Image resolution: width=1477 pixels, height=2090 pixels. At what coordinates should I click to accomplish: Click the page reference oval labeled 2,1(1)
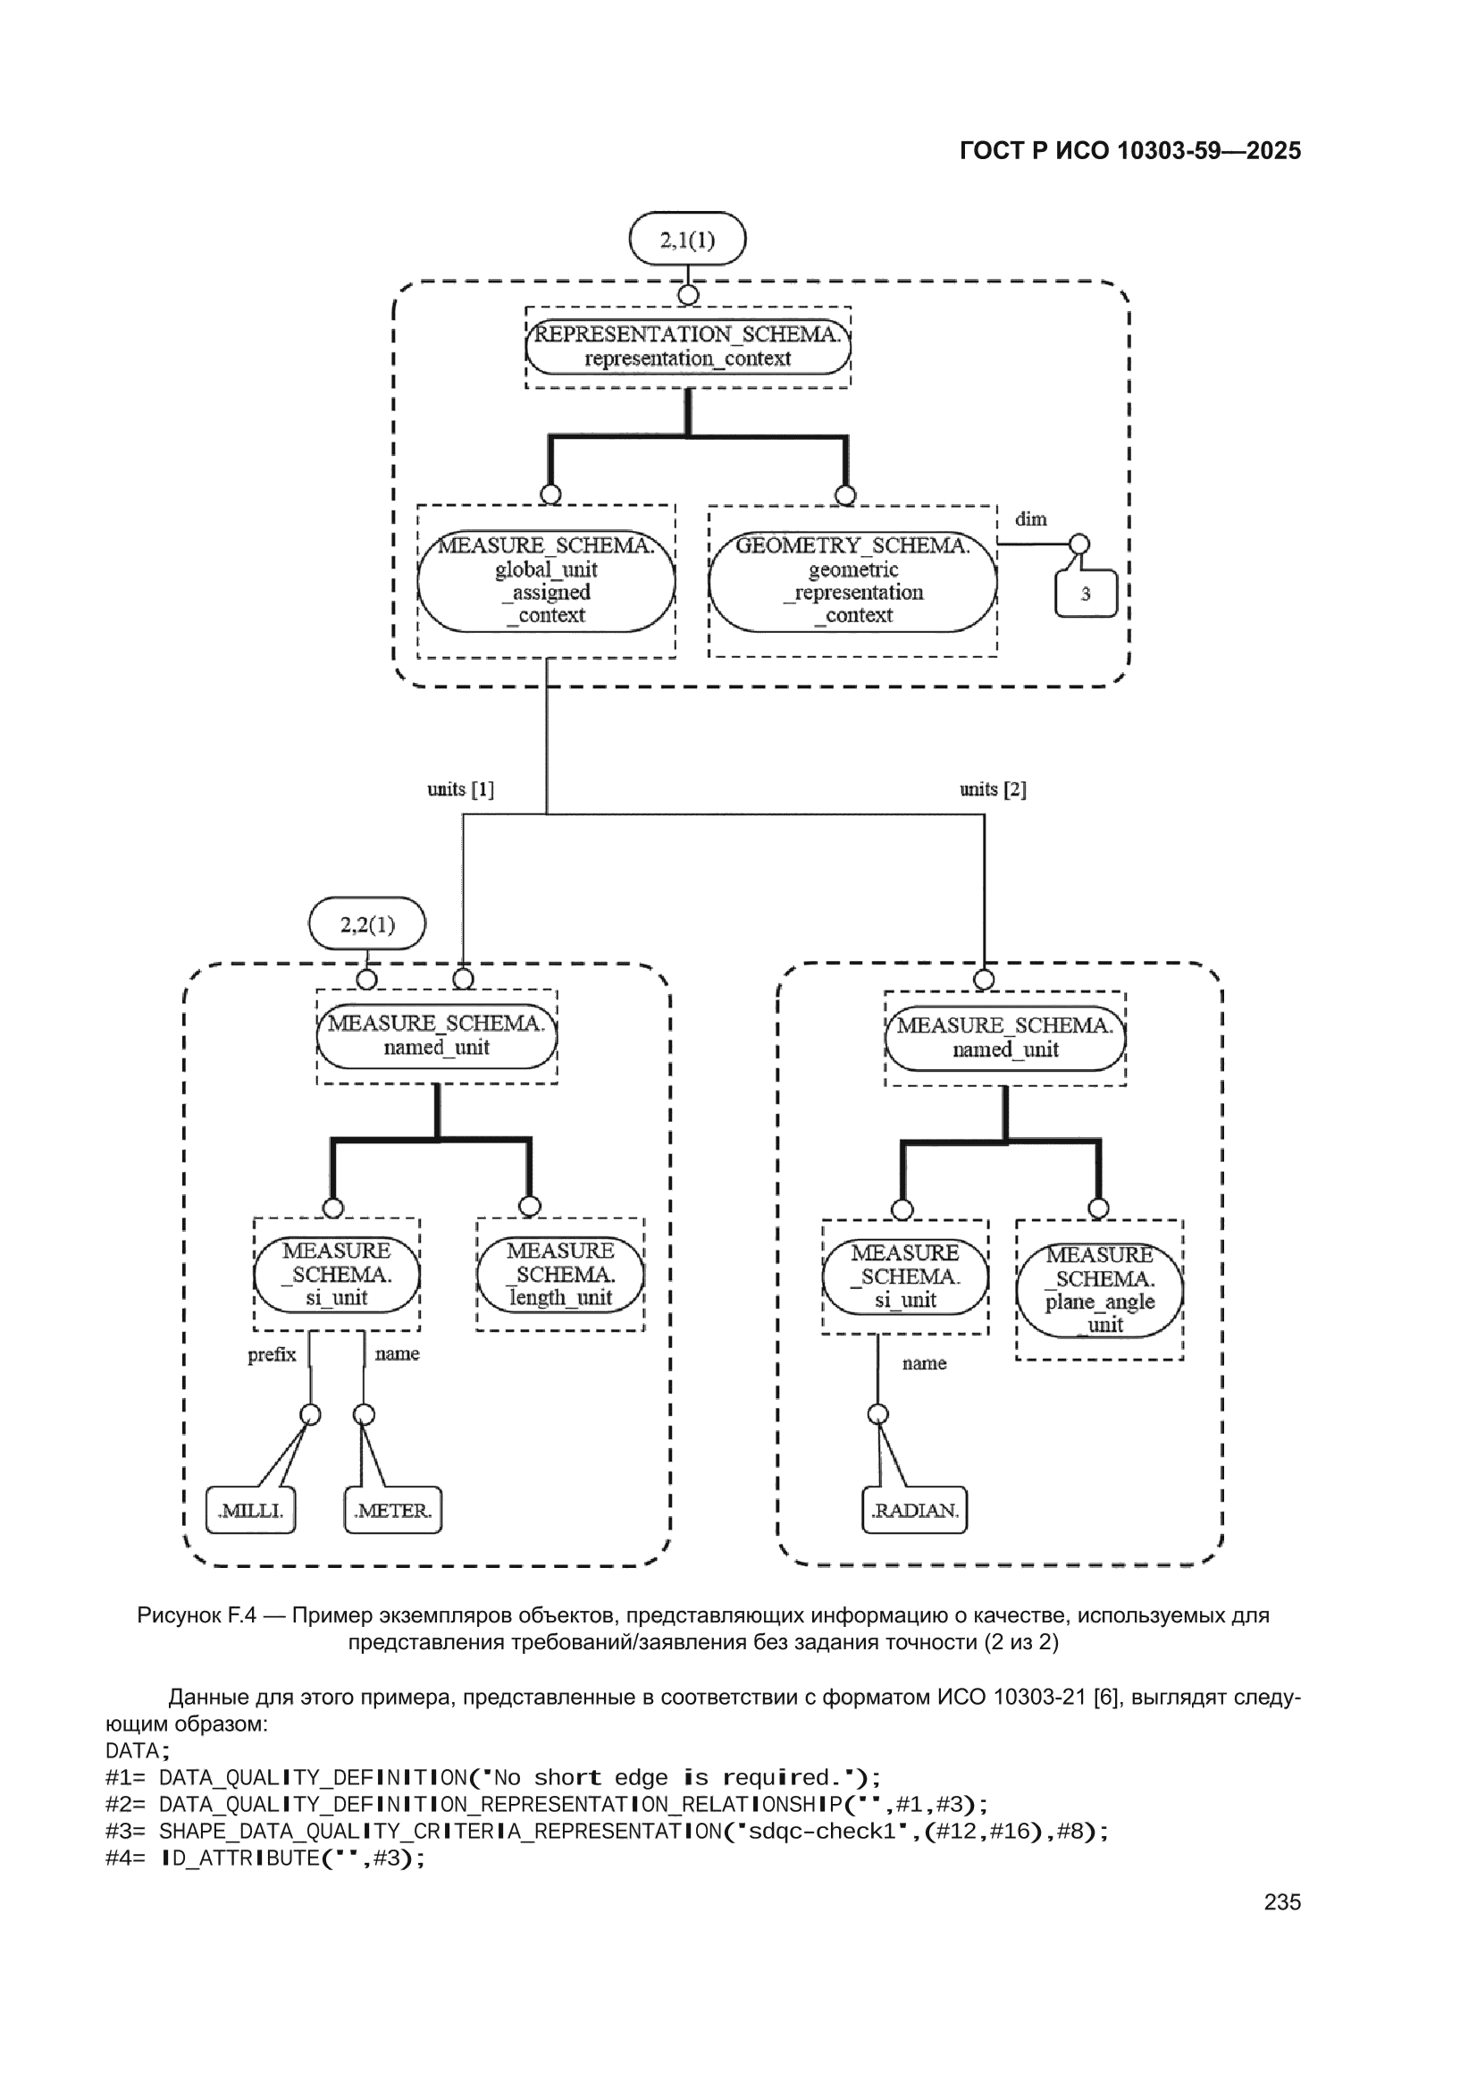click(687, 240)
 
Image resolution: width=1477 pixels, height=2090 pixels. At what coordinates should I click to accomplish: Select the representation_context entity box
click(688, 347)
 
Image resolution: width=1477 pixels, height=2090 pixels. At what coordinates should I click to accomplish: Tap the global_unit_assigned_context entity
click(546, 581)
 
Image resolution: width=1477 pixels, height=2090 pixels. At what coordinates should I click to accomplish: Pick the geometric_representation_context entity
click(852, 581)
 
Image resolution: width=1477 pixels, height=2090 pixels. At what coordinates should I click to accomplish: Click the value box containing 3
click(1086, 594)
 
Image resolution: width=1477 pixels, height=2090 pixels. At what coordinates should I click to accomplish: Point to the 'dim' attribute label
click(1031, 518)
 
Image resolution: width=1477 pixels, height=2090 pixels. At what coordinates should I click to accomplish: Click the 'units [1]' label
click(460, 789)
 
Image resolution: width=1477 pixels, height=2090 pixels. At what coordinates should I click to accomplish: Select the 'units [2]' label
click(993, 789)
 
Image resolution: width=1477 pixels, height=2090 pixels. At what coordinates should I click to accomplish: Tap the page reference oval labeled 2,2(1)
click(366, 924)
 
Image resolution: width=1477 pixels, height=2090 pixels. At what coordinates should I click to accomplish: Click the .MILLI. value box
click(250, 1510)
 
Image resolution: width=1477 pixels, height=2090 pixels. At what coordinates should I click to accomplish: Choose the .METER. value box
click(393, 1510)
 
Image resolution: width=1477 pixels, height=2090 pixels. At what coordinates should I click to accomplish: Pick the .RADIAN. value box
click(915, 1510)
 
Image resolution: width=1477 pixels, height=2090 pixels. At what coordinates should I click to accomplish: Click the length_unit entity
click(560, 1275)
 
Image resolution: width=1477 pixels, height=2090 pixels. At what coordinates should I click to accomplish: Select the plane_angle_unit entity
click(1099, 1290)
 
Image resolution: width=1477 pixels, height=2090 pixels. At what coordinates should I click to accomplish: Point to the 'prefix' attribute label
click(273, 1354)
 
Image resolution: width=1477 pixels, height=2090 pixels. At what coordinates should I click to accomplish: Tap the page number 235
click(1282, 1902)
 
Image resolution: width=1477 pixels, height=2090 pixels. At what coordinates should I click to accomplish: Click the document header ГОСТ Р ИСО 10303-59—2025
click(1130, 151)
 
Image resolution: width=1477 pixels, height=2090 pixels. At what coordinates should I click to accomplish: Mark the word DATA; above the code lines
click(138, 1750)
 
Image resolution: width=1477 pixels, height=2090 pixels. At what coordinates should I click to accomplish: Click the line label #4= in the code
click(126, 1858)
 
